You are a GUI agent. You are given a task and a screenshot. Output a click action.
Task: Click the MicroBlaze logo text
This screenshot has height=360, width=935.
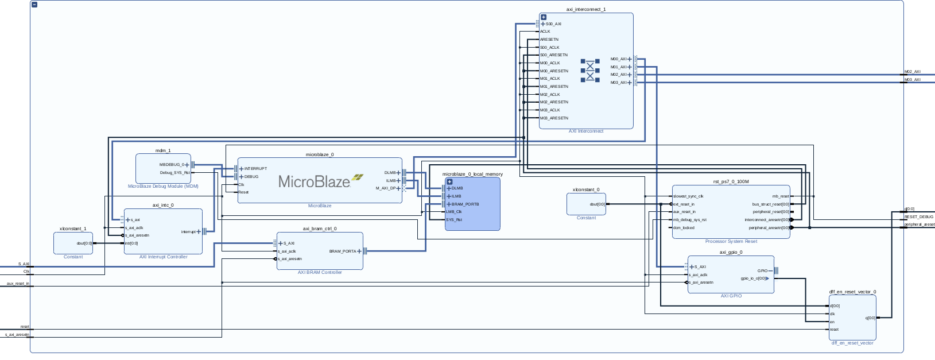314,181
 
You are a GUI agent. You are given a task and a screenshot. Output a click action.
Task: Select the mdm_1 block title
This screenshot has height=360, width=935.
163,150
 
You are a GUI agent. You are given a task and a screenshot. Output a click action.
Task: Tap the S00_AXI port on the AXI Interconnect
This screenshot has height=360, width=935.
553,24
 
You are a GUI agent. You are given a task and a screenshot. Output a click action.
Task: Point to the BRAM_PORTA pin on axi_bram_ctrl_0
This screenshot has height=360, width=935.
343,251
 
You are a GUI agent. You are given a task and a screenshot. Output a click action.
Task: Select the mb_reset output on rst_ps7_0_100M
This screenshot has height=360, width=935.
780,196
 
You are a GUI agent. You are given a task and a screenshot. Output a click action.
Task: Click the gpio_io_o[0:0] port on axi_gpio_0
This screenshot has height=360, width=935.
753,278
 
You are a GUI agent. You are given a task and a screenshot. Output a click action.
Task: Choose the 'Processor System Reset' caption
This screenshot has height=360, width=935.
731,242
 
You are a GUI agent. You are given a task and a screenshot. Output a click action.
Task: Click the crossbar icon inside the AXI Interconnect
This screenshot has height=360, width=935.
589,70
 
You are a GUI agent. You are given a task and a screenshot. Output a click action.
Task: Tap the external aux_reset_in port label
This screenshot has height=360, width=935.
18,283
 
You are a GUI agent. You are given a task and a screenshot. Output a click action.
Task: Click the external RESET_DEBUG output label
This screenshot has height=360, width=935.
918,217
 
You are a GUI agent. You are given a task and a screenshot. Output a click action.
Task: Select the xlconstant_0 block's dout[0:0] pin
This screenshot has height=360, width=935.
597,204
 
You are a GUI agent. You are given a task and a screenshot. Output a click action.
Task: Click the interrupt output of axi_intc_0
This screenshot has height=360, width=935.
189,232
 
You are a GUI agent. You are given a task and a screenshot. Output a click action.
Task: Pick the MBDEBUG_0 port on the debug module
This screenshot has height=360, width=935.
172,165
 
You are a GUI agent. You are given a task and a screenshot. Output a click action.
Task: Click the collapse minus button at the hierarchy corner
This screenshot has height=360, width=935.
34,5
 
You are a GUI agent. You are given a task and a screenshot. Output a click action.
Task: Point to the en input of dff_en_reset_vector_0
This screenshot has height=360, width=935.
832,322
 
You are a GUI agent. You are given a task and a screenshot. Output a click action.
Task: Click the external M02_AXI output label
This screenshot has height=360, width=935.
912,72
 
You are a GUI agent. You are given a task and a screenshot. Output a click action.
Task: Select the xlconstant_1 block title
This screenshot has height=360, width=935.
73,229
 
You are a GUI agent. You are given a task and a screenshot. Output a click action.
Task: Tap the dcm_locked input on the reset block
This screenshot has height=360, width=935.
684,227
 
